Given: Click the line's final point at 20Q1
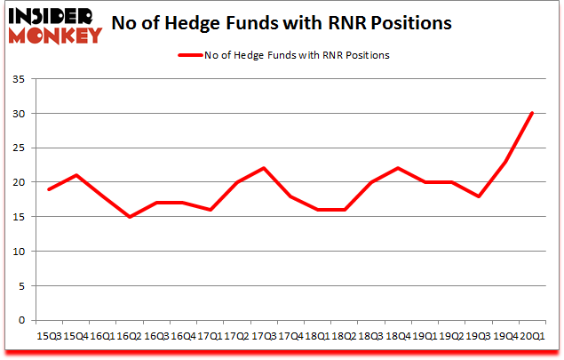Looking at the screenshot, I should tap(530, 114).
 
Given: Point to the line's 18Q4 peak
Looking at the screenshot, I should tap(397, 169).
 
